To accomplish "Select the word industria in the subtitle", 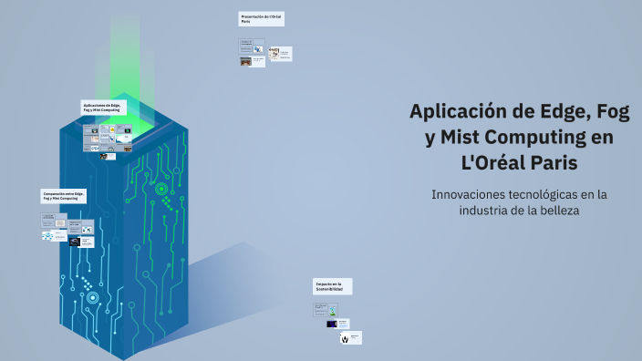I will (x=485, y=210).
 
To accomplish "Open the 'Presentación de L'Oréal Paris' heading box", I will (x=261, y=18).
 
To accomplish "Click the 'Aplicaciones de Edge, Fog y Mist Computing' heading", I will (x=103, y=108).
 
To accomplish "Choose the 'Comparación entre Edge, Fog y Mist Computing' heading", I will (x=65, y=196).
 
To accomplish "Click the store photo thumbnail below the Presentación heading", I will (x=246, y=62).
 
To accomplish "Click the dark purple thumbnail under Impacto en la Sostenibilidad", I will (x=332, y=324).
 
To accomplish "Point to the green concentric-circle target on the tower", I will (x=161, y=190).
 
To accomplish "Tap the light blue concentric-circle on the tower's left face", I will (x=92, y=297).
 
